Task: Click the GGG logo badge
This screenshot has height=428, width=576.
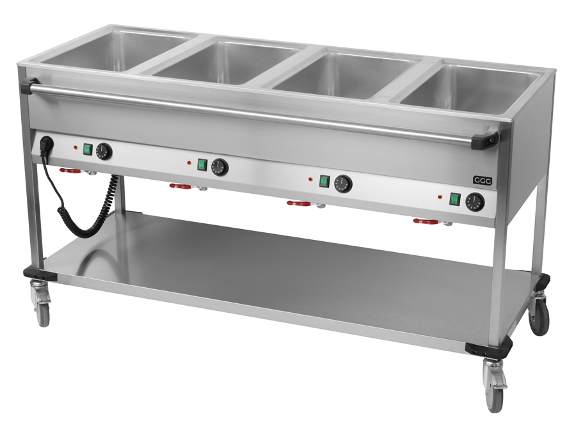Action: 482,180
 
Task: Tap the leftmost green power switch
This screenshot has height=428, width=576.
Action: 88,149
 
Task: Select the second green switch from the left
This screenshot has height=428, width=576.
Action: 202,164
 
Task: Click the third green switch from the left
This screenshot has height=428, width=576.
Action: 324,181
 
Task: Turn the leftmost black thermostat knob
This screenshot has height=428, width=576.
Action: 104,151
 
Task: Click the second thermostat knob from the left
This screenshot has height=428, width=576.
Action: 220,167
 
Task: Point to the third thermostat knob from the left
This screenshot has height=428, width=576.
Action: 343,184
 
